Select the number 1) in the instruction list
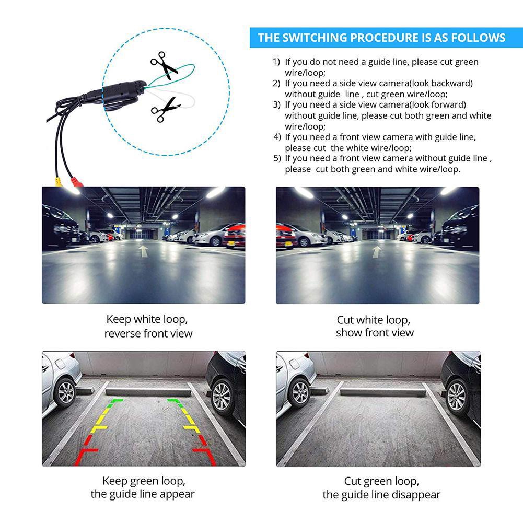point(276,62)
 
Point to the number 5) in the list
point(277,158)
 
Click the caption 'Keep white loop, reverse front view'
point(148,326)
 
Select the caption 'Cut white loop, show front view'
point(374,326)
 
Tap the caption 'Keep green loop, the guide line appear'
point(144,487)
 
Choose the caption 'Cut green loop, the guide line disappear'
point(381,487)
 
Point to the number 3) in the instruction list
point(277,104)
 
